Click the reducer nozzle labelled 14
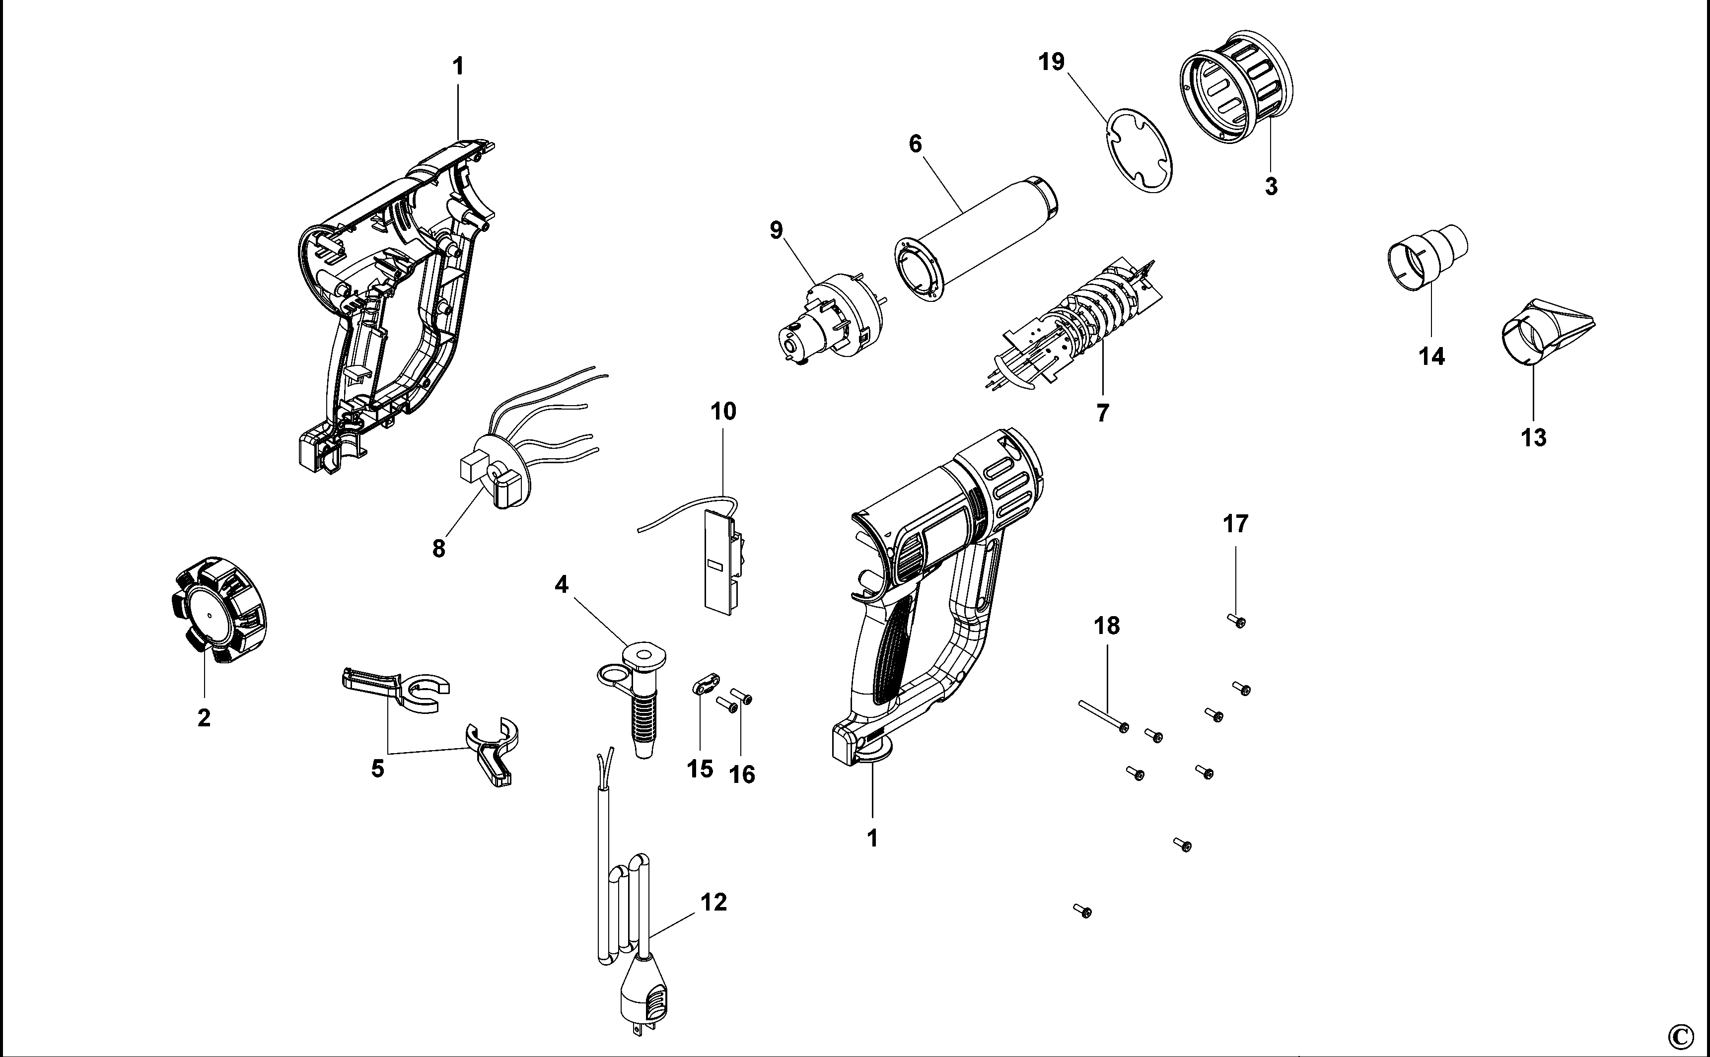pyautogui.click(x=1426, y=262)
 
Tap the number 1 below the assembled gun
pyautogui.click(x=872, y=838)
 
